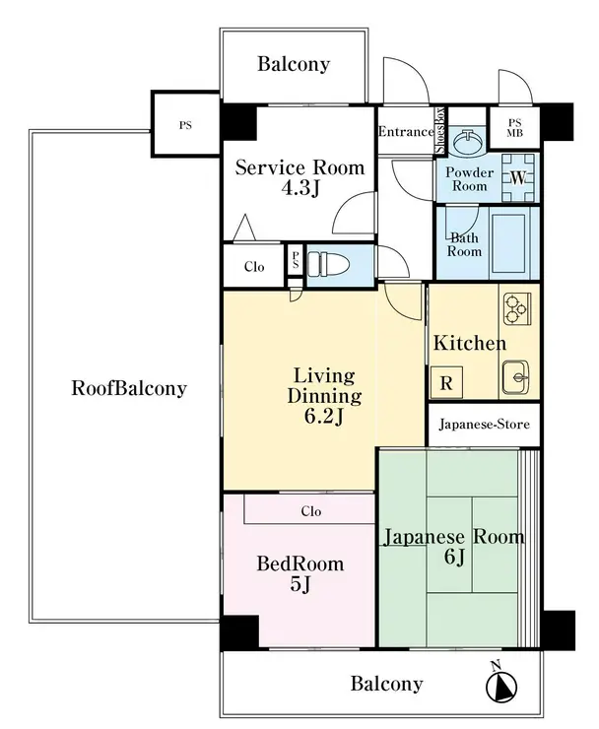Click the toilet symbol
click(328, 265)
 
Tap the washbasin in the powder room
click(468, 141)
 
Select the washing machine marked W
click(517, 177)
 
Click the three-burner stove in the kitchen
click(517, 308)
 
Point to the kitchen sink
click(515, 376)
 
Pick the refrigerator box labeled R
click(446, 382)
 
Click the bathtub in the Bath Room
click(509, 243)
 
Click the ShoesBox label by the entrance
click(440, 131)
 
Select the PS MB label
click(515, 128)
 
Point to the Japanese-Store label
click(484, 425)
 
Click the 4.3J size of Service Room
click(300, 188)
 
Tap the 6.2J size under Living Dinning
click(324, 417)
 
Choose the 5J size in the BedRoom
click(299, 584)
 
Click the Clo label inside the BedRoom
click(310, 511)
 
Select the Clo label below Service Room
click(254, 267)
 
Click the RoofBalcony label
click(129, 388)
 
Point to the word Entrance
click(406, 132)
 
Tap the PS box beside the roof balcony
click(185, 124)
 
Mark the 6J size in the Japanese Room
click(454, 556)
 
